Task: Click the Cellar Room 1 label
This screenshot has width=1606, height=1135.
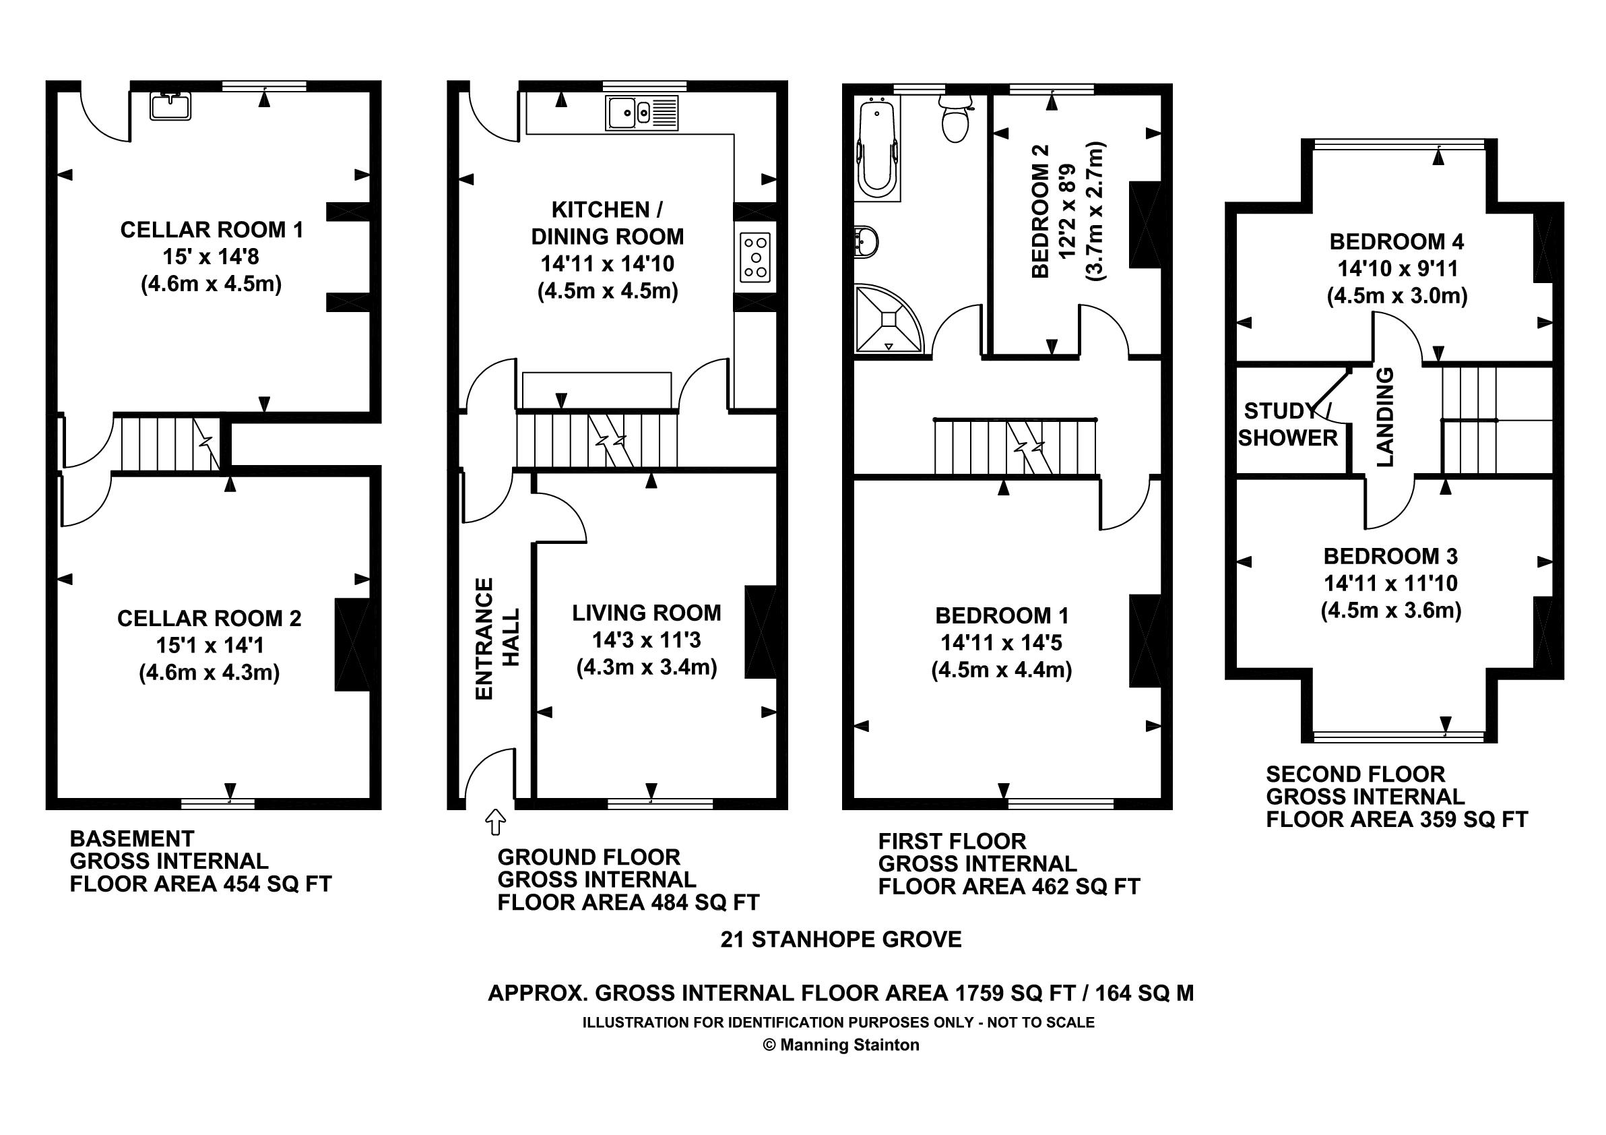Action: [212, 230]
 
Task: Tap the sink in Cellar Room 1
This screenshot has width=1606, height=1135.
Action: [170, 106]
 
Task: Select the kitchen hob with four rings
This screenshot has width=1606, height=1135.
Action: [755, 257]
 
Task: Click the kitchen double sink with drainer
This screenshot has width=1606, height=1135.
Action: [642, 113]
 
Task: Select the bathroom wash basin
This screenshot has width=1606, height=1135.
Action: [866, 242]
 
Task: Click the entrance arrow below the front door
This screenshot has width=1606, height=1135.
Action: [495, 822]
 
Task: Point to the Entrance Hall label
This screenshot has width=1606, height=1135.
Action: [497, 638]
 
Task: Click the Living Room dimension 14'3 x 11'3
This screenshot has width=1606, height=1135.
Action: [646, 640]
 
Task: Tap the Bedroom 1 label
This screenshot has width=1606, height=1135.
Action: [1002, 616]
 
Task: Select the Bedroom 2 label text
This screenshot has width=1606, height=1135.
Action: [1041, 212]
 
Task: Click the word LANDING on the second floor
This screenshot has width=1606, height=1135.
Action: [1385, 417]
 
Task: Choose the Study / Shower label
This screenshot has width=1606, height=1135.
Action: [1288, 424]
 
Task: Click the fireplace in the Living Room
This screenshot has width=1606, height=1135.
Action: [761, 632]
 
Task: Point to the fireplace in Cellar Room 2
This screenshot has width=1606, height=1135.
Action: [352, 644]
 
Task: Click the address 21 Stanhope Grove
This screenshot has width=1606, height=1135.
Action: [841, 939]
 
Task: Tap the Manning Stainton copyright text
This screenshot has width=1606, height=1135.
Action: [841, 1045]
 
